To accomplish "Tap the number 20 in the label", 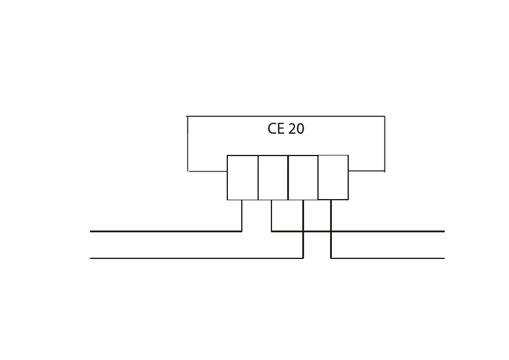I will pos(296,129).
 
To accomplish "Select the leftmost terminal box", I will pos(242,177).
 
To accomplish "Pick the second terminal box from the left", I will pos(273,177).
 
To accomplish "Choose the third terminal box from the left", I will pos(303,177).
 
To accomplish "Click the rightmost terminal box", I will pos(333,177).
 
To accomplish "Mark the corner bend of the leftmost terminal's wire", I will pos(242,231).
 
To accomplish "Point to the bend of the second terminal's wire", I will pos(271,231).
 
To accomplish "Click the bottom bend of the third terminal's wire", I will pos(303,258).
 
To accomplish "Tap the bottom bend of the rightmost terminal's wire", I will pos(331,258).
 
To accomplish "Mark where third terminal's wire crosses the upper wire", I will pos(303,231).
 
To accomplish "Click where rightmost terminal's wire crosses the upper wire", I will pos(331,231).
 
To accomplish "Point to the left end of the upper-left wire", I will pos(91,231).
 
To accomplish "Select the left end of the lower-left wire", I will pos(91,258).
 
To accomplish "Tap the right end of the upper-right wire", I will pos(444,231).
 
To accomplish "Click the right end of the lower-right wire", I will pos(444,258).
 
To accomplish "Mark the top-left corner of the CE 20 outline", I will pos(187,116).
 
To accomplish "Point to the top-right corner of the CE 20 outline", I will pos(384,116).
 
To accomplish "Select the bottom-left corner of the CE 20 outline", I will pos(188,171).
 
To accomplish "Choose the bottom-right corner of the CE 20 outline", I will pos(384,171).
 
